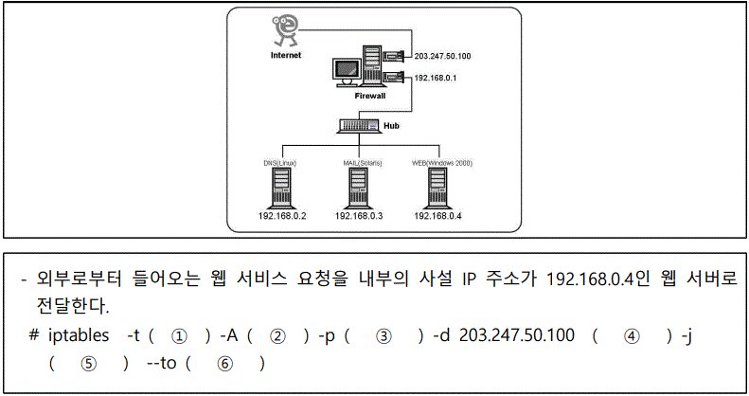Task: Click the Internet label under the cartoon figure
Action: [x=286, y=55]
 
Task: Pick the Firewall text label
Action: [x=370, y=97]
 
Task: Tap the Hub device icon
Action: [x=358, y=125]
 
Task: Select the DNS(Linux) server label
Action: [x=280, y=163]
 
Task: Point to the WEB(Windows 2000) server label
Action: [x=442, y=163]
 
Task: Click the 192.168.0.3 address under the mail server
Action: [x=359, y=216]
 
